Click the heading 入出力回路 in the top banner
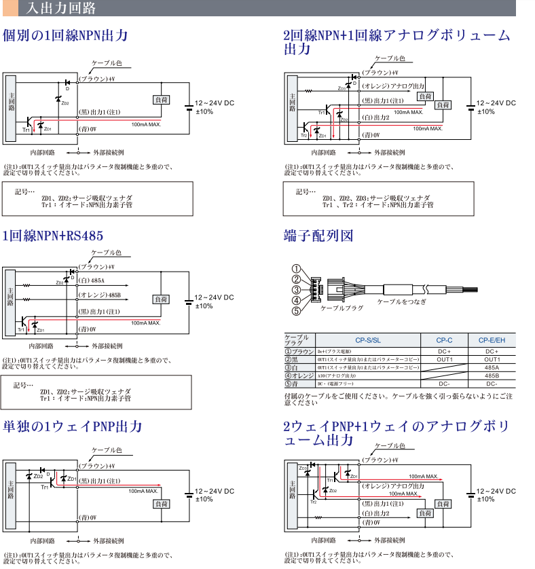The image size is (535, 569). point(61,9)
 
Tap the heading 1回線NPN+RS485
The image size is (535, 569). point(54,236)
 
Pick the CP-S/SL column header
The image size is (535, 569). point(367,340)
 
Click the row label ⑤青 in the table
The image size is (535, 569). point(299,384)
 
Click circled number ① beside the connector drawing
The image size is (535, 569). point(296,268)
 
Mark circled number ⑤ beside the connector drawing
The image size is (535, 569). point(296,312)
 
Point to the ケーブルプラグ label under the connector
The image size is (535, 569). point(342,308)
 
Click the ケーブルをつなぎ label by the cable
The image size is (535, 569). point(402,301)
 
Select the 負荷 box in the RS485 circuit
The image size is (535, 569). point(161,299)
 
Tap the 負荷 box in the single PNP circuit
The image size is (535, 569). point(161,504)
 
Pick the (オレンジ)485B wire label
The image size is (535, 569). point(99,295)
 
